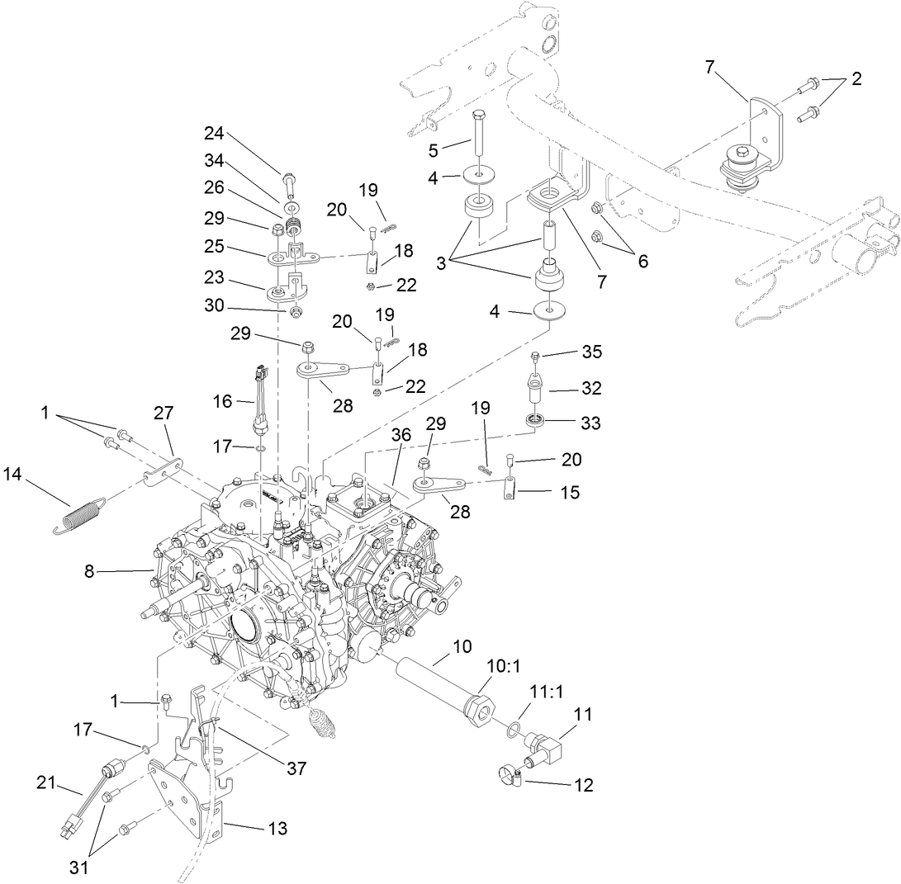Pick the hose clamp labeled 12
(x=510, y=776)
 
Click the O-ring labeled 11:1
(x=513, y=727)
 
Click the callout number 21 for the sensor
(x=47, y=780)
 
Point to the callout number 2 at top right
(x=856, y=79)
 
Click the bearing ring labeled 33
(x=537, y=422)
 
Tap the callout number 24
(x=215, y=133)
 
